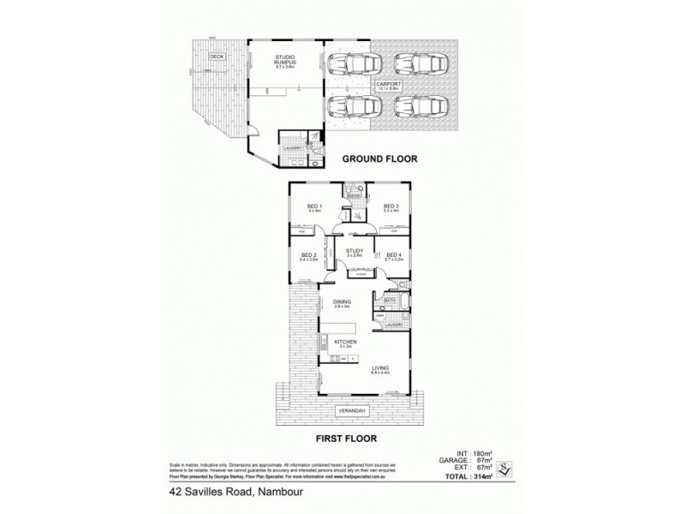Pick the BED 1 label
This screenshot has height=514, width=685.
click(314, 206)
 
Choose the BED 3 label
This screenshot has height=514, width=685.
click(390, 206)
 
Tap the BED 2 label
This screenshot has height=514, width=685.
click(308, 254)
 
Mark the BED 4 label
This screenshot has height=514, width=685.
click(394, 254)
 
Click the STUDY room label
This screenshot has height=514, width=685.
click(354, 251)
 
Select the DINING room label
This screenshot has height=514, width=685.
click(342, 302)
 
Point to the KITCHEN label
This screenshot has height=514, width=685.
click(345, 342)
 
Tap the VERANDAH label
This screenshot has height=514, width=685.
click(353, 409)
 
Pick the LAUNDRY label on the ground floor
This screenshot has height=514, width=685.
click(290, 147)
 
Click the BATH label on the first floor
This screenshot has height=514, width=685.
click(390, 301)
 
